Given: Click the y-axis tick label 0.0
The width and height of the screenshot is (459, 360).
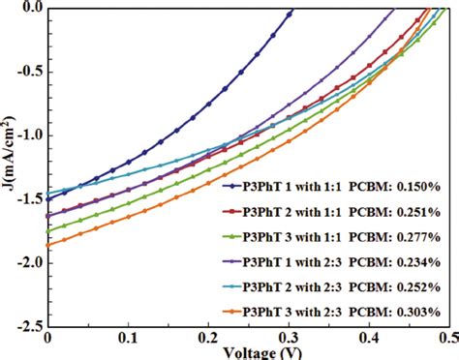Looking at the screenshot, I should click(28, 9).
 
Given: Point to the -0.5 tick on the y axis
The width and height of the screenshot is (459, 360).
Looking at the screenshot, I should click(26, 73).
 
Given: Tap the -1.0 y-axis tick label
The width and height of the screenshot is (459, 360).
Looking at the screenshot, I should click(26, 136).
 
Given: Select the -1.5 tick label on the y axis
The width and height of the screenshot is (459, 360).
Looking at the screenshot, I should click(26, 199).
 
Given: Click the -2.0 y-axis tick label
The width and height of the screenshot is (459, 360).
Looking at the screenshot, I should click(26, 263).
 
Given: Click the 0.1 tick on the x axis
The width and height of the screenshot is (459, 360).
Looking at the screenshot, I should click(127, 341).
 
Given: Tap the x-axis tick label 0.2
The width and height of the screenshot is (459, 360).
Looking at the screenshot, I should click(207, 341).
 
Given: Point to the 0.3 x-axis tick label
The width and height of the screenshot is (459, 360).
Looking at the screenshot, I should click(288, 341).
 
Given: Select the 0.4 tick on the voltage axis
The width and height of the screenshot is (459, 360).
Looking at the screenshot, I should click(368, 341).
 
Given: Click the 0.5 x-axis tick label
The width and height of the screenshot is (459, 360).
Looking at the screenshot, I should click(446, 341).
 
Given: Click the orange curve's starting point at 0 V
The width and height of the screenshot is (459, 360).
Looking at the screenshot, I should click(47, 245).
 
